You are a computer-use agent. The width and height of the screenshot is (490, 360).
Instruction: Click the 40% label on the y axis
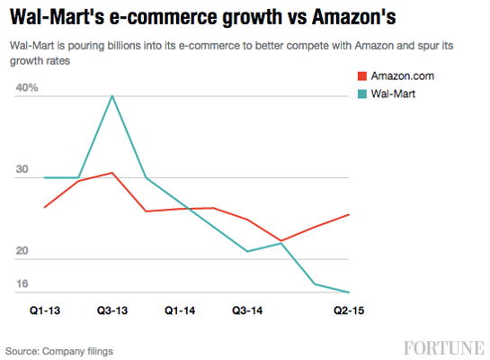26,87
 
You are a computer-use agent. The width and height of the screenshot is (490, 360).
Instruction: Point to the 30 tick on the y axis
22,169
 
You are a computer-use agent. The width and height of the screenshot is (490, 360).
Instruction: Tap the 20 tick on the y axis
22,251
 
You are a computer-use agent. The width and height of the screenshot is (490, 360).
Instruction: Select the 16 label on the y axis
22,284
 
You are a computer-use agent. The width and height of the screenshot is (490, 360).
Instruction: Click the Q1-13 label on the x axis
45,309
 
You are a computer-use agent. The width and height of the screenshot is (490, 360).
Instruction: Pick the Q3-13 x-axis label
112,309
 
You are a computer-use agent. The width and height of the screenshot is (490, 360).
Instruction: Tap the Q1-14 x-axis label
180,309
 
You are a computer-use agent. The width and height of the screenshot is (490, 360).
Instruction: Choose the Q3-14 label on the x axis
247,309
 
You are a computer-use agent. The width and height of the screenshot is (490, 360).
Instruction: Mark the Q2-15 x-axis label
349,309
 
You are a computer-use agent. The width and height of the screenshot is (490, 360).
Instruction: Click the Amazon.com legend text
402,76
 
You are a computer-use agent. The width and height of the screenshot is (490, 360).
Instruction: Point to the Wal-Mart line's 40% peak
112,95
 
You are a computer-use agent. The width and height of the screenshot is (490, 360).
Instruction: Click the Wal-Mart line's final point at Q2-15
349,292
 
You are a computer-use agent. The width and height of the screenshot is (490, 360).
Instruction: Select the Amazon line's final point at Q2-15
349,214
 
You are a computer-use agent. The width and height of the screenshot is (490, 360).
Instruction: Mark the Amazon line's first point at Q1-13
45,207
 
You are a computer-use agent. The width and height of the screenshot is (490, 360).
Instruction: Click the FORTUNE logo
443,347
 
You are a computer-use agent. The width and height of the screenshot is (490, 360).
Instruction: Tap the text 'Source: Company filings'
59,350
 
